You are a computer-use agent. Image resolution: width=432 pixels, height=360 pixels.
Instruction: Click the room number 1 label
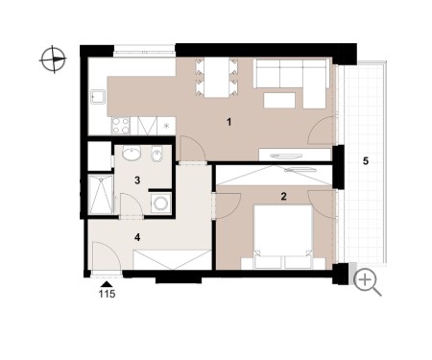[228, 122]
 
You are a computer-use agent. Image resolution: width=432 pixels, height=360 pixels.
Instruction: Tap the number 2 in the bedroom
[283, 196]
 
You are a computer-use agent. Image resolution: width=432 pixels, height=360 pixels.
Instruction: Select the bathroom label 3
[137, 180]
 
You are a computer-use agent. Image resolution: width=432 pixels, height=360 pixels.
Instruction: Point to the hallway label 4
[137, 237]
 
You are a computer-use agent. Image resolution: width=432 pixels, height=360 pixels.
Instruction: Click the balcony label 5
[366, 161]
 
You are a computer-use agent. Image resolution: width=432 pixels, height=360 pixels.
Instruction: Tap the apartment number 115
[107, 294]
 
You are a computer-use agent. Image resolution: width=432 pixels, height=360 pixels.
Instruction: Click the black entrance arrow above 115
[107, 284]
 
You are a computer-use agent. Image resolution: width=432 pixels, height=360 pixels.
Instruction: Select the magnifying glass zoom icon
[367, 282]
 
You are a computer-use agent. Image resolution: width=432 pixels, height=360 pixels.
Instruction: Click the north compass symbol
[53, 60]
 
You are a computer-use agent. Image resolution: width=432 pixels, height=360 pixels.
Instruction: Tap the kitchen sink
[98, 96]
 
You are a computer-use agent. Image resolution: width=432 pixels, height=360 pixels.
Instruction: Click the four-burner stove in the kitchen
[121, 126]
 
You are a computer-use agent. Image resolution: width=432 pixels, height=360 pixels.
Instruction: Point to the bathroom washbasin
[132, 154]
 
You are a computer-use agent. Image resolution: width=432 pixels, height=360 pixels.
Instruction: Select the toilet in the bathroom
[156, 154]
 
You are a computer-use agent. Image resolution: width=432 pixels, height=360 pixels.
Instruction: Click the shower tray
[101, 195]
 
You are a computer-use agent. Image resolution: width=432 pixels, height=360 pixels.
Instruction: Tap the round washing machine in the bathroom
[159, 203]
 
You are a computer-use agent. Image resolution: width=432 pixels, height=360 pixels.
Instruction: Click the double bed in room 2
[283, 236]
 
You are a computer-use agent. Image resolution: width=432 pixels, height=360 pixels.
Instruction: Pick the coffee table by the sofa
[279, 100]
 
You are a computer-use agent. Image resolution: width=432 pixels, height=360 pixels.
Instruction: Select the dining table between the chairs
[217, 77]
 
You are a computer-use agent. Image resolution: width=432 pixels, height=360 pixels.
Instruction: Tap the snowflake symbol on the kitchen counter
[166, 126]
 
